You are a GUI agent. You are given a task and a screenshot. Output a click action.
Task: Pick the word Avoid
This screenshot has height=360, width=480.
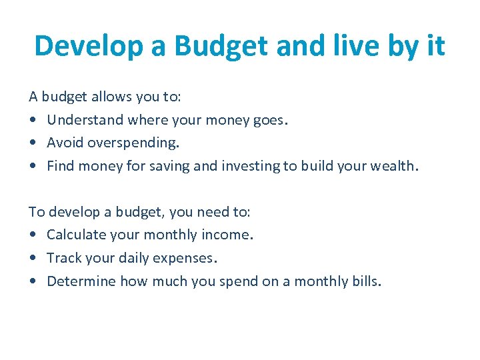tap(65, 143)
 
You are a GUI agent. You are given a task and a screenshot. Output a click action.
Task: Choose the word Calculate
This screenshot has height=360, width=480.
tap(74, 235)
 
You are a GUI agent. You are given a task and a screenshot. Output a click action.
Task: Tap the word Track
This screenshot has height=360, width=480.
tap(63, 258)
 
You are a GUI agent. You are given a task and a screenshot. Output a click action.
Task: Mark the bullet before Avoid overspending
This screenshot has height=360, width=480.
tap(33, 143)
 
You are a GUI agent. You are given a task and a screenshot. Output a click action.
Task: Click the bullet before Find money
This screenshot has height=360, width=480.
tap(33, 167)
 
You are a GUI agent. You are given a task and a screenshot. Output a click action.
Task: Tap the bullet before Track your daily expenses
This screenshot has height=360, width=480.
tap(33, 259)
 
